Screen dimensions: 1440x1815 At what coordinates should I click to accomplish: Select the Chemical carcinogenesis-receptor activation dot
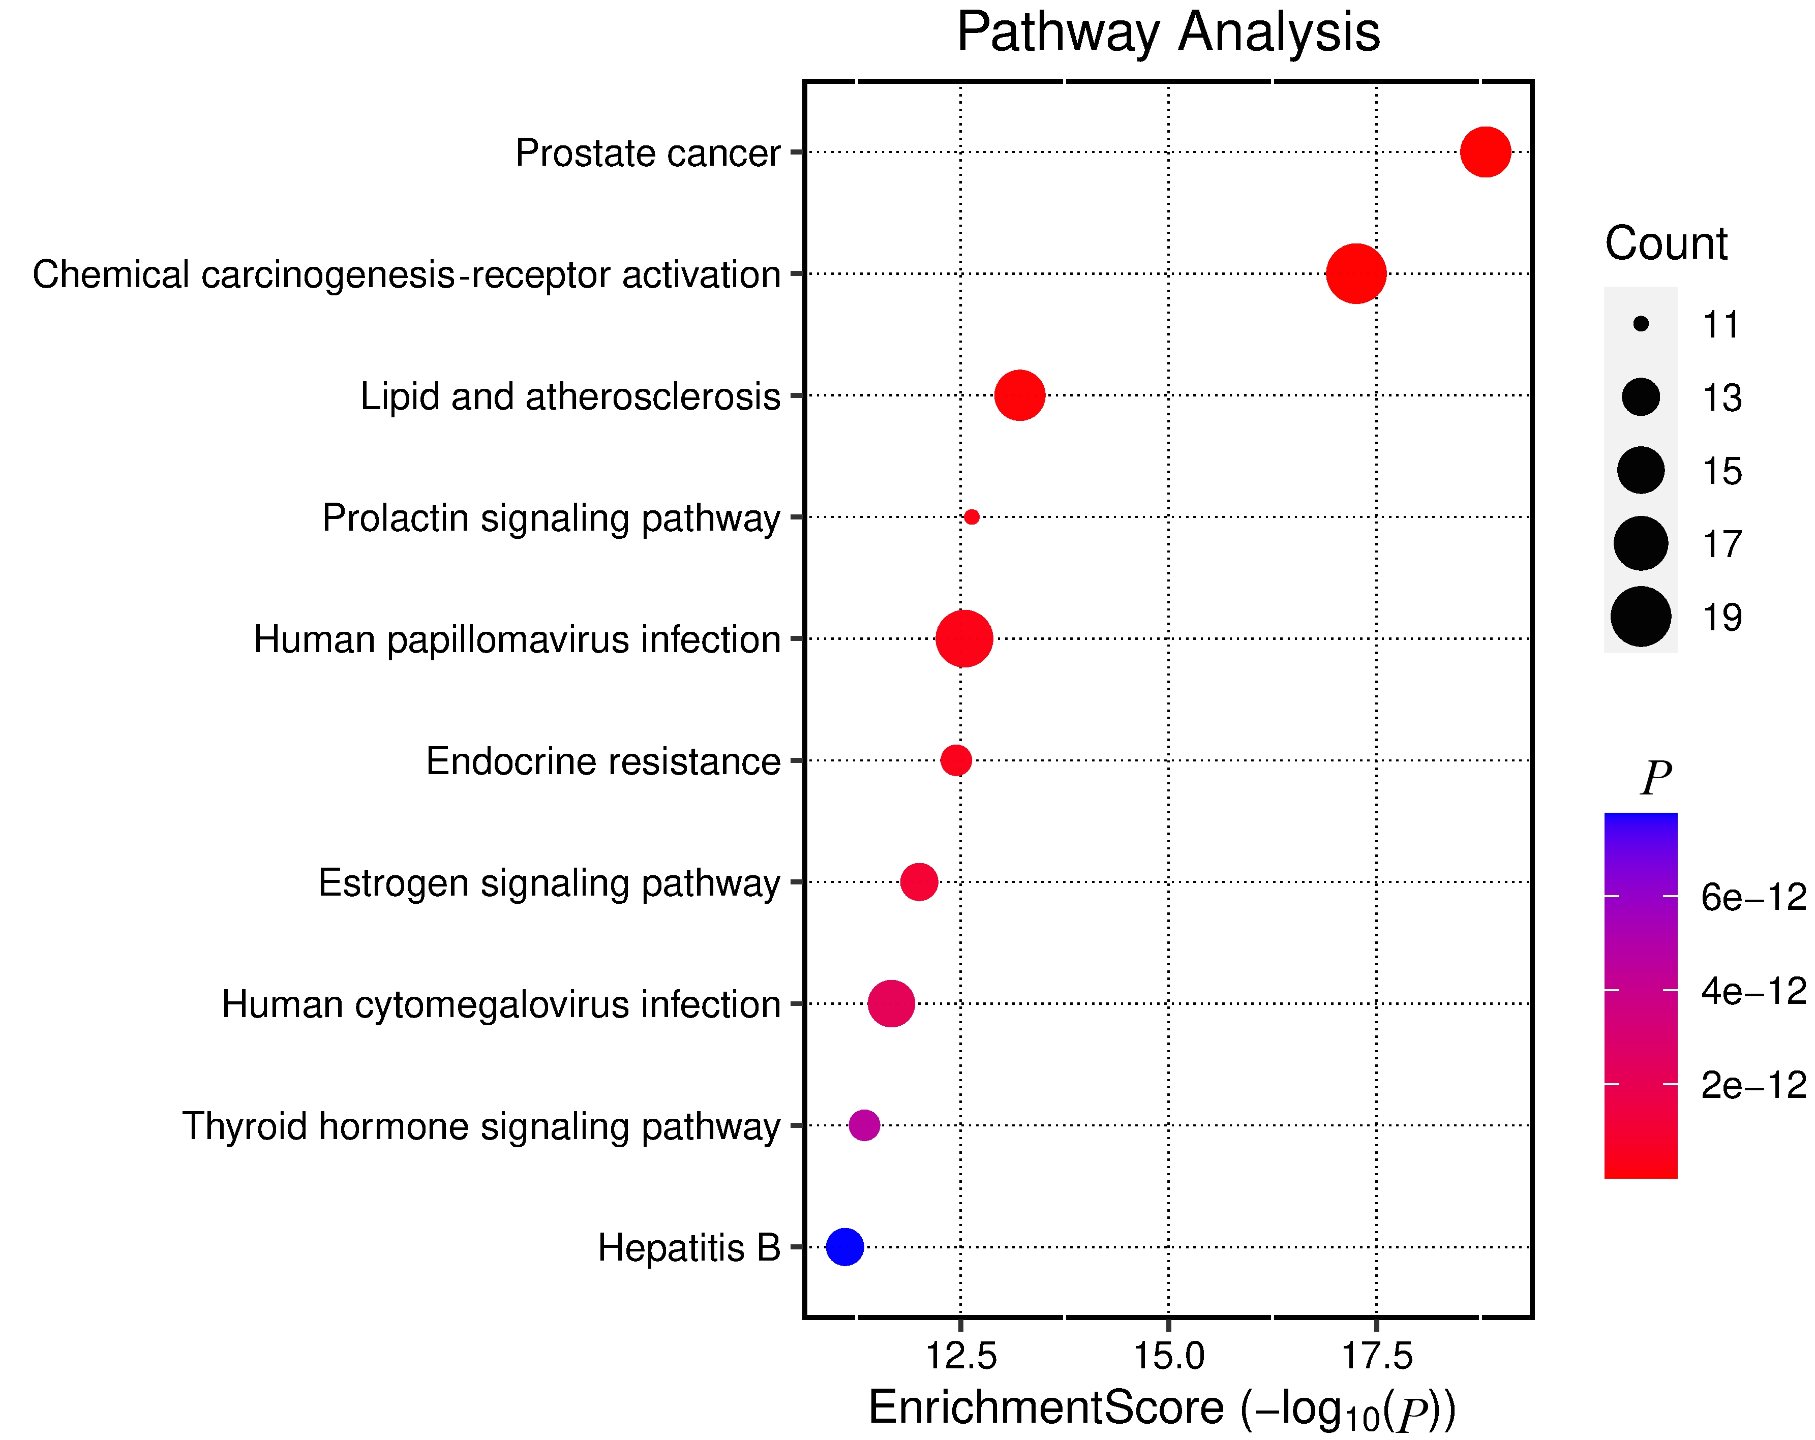pos(1355,273)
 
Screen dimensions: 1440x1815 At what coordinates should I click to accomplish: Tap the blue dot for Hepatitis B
pos(844,1246)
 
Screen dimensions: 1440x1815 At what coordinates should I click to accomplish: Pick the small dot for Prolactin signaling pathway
pos(972,517)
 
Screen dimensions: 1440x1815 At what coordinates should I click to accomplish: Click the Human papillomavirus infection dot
pos(964,639)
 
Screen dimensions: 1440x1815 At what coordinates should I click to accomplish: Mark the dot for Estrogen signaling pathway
pos(919,882)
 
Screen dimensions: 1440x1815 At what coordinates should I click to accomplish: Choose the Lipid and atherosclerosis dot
pos(1019,395)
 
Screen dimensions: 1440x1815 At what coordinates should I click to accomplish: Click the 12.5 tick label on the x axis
pos(960,1356)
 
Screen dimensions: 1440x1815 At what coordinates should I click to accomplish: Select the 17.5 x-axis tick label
pos(1376,1356)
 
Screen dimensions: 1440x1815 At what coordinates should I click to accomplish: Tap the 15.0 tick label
pos(1168,1356)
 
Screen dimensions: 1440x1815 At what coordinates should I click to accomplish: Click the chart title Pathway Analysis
pos(1168,33)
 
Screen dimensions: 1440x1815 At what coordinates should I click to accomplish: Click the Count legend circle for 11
pos(1641,324)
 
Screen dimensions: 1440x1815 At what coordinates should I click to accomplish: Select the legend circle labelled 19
pos(1641,617)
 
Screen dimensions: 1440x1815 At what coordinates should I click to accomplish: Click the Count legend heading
pos(1665,244)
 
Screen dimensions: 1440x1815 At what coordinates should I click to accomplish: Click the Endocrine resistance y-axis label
pos(603,761)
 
